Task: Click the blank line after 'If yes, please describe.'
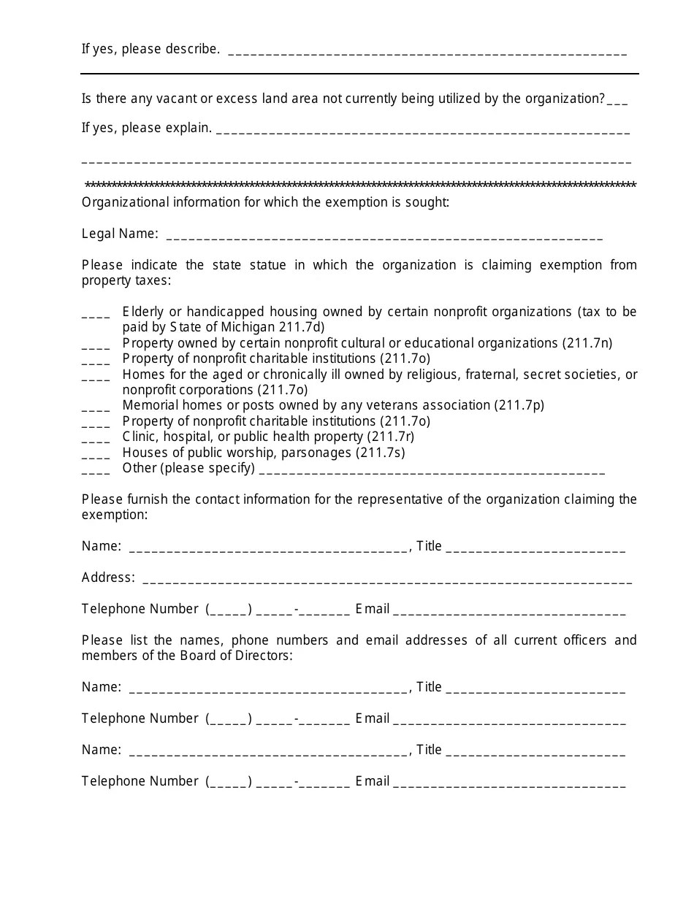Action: click(427, 53)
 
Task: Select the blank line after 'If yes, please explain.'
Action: click(423, 132)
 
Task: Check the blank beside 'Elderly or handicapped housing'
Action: click(96, 316)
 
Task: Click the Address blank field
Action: click(387, 582)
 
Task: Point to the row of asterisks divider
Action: click(360, 185)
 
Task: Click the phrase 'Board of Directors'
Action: click(236, 656)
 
